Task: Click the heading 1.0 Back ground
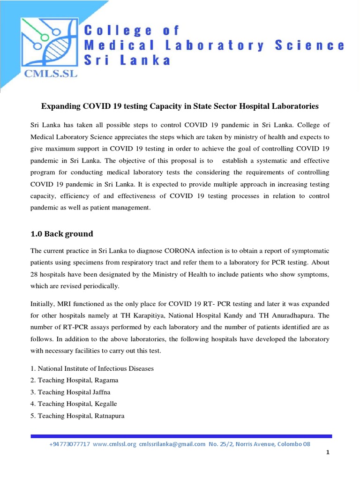[61, 233]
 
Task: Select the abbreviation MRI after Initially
[64, 305]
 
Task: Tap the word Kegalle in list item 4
[105, 404]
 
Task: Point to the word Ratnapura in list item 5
[109, 415]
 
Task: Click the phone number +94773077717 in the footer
[69, 444]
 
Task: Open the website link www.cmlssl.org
[114, 444]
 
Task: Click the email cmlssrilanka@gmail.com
[172, 444]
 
